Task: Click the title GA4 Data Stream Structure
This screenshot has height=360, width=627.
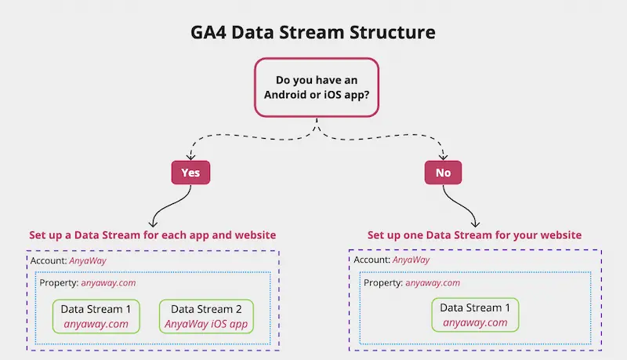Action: coord(313,32)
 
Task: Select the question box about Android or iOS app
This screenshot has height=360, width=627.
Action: coord(317,87)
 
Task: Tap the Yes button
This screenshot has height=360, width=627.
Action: coord(190,173)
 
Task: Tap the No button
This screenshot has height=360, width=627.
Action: coord(443,173)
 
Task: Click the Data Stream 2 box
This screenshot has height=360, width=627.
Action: coord(206,316)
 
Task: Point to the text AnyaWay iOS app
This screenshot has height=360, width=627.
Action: coord(206,324)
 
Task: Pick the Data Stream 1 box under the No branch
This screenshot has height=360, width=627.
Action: coord(475,315)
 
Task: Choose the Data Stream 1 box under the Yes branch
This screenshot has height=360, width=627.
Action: coord(96,316)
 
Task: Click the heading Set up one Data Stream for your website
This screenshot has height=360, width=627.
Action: coord(475,235)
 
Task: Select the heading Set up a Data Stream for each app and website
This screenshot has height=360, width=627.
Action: coord(152,235)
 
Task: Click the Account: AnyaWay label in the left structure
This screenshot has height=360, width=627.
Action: coord(68,261)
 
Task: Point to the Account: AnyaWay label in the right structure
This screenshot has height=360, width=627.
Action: coord(391,260)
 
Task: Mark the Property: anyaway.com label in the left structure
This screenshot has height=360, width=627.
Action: coord(88,283)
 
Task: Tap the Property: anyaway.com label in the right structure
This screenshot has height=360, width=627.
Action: coord(412,283)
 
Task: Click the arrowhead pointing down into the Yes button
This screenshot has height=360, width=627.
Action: coord(190,157)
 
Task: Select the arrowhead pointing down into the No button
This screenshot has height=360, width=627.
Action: coord(443,157)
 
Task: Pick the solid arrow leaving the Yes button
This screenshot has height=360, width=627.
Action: coord(170,206)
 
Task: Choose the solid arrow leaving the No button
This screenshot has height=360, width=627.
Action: coord(461,206)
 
